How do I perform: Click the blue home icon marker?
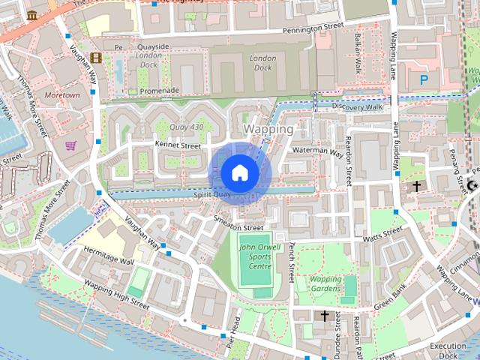point(239,173)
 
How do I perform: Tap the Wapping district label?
point(268,129)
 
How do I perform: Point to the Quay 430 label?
point(187,127)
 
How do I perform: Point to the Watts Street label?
point(382,236)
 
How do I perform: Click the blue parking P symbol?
point(424,78)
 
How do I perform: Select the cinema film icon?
point(95,57)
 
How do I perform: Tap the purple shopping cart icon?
point(70,145)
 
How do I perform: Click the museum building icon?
point(31,15)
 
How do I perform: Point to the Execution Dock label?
point(448,349)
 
